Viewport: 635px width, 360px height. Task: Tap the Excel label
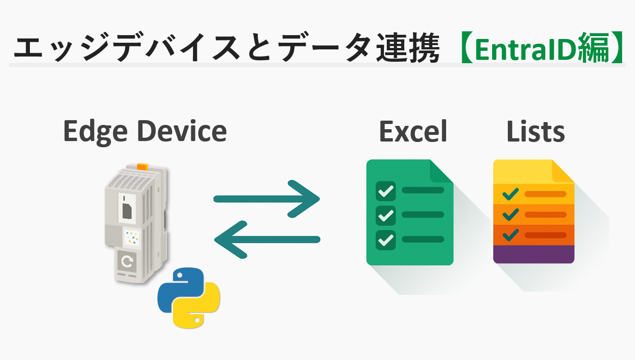point(413,131)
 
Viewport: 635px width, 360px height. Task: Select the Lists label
point(535,131)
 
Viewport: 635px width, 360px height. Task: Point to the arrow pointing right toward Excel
point(267,199)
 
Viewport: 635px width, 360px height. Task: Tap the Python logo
point(189,298)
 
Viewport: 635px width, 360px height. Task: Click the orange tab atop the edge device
point(142,167)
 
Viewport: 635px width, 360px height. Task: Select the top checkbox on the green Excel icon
point(385,191)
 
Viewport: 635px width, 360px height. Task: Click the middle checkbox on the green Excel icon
point(385,216)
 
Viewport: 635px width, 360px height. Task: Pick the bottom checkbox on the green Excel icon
point(385,240)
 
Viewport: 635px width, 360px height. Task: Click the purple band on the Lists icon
point(534,254)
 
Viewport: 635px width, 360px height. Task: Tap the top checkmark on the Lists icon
point(511,194)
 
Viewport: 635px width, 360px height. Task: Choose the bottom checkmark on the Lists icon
point(511,235)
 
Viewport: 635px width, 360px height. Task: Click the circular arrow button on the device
point(127,261)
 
